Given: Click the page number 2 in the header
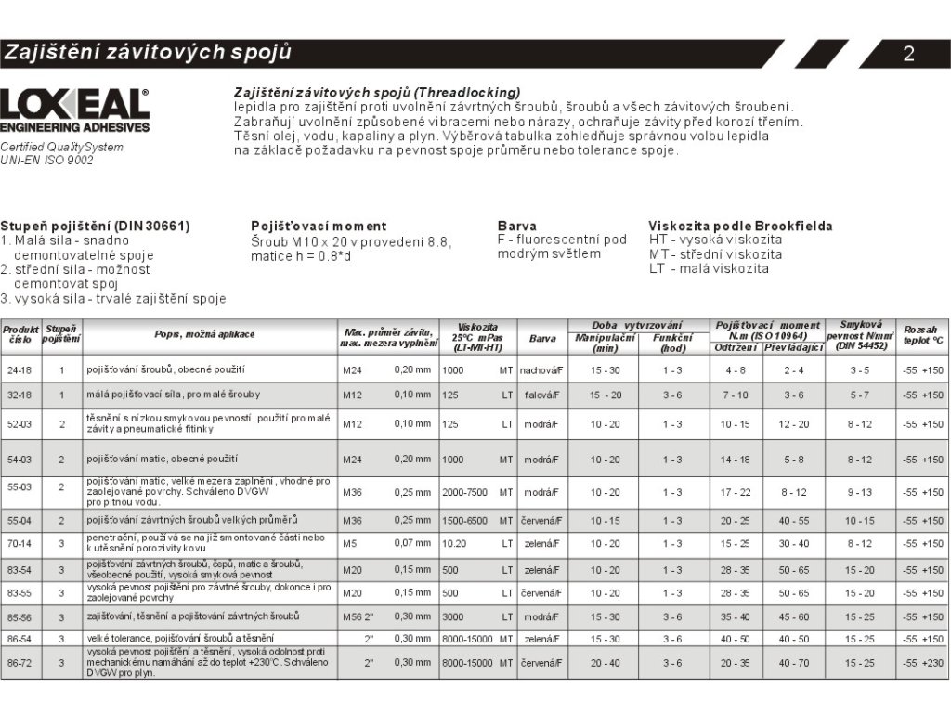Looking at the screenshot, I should click(909, 54).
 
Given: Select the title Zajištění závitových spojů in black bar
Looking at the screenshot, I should click(148, 52).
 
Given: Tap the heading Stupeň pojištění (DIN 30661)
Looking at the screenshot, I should click(95, 226).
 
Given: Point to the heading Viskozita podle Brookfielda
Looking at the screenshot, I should click(740, 226).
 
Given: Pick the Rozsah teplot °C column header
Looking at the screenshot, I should click(922, 335).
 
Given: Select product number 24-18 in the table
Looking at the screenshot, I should click(20, 369).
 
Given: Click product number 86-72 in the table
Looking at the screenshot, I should click(20, 663).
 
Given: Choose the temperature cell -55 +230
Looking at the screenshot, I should click(922, 663).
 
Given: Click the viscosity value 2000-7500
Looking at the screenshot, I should click(465, 492).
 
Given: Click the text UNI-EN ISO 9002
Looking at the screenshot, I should click(47, 160).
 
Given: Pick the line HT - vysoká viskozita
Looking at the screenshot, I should click(715, 240).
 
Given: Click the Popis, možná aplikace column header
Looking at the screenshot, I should click(204, 334).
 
